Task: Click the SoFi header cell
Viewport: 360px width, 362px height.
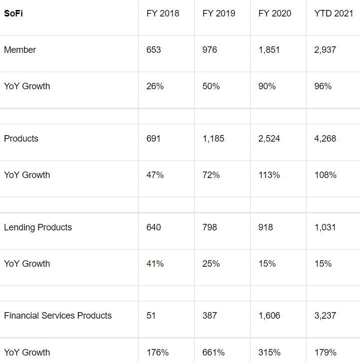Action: click(x=13, y=13)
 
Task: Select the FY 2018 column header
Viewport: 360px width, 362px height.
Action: click(x=163, y=13)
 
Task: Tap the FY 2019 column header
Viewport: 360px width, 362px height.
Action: click(x=219, y=13)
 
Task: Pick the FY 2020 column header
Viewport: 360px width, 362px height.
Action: click(x=275, y=13)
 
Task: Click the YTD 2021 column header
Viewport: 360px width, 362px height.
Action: click(x=334, y=13)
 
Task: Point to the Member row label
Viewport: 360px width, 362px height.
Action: click(x=20, y=50)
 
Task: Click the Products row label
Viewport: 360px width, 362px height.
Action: click(x=21, y=139)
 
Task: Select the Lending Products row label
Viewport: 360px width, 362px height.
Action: click(x=38, y=227)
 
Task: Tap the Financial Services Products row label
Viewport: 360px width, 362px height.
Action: click(x=58, y=316)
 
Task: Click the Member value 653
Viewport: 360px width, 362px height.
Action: click(x=154, y=50)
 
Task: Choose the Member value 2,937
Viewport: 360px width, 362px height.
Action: click(x=325, y=50)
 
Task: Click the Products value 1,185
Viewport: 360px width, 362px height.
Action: click(x=213, y=139)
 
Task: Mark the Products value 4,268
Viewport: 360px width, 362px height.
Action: click(x=325, y=139)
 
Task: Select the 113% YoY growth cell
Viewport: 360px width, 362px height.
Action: click(x=269, y=175)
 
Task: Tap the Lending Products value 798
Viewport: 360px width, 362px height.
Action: click(x=210, y=227)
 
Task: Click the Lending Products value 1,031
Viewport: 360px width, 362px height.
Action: click(x=325, y=227)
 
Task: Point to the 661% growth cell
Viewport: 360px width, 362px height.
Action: click(x=213, y=353)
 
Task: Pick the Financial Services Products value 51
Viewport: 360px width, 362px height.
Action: click(x=151, y=316)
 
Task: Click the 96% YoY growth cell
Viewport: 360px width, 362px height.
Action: click(x=323, y=86)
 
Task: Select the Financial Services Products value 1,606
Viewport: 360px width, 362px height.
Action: click(x=269, y=316)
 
